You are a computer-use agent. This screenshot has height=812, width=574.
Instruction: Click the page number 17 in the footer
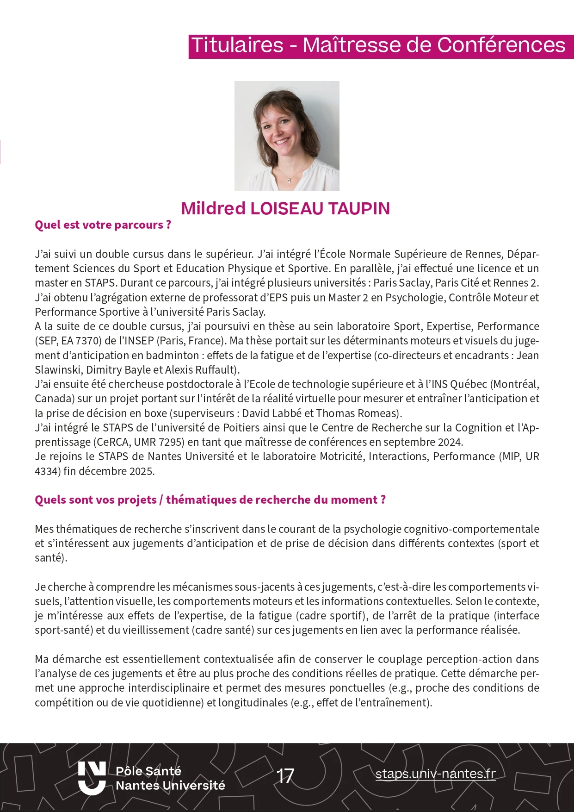[285, 776]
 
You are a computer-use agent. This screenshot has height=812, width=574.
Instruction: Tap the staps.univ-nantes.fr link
[435, 774]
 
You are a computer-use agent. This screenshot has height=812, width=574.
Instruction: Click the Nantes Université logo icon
[92, 778]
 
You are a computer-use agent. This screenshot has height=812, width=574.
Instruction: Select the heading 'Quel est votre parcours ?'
[103, 225]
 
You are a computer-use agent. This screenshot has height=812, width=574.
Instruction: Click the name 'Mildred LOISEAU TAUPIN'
[285, 208]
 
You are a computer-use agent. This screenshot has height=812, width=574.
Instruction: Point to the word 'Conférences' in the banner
[501, 45]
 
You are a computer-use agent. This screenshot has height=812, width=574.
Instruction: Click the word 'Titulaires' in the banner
[237, 45]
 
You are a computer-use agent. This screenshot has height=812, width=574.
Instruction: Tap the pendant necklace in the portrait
[290, 179]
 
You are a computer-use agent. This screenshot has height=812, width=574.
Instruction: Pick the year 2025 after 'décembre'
[142, 471]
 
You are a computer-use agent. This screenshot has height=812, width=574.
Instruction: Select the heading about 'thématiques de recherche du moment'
[210, 500]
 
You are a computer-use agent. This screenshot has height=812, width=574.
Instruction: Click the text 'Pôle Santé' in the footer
[148, 771]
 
